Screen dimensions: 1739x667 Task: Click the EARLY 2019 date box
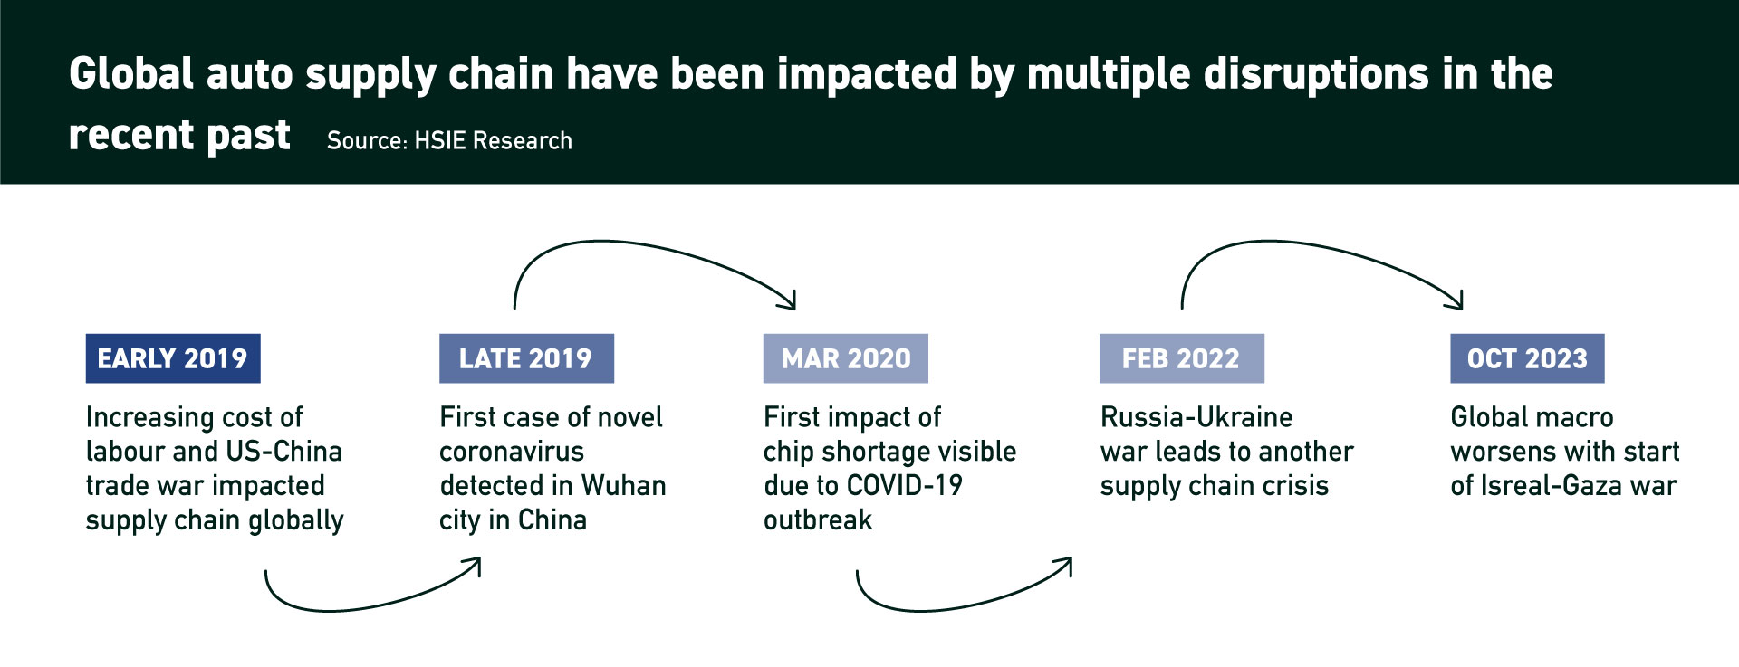(x=173, y=358)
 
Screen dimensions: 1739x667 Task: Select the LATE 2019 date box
(x=526, y=358)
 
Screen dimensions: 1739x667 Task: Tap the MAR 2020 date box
(x=846, y=358)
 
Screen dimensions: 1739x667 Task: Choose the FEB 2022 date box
(x=1181, y=358)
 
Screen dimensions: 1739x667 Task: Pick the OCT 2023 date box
(x=1527, y=358)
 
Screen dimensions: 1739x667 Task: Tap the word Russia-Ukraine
(x=1196, y=417)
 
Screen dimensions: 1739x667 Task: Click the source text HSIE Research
(x=493, y=140)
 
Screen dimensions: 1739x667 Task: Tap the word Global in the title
(x=131, y=73)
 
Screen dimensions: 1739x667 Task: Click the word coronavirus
(x=512, y=452)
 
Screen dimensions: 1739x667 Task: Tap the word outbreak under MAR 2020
(x=818, y=520)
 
